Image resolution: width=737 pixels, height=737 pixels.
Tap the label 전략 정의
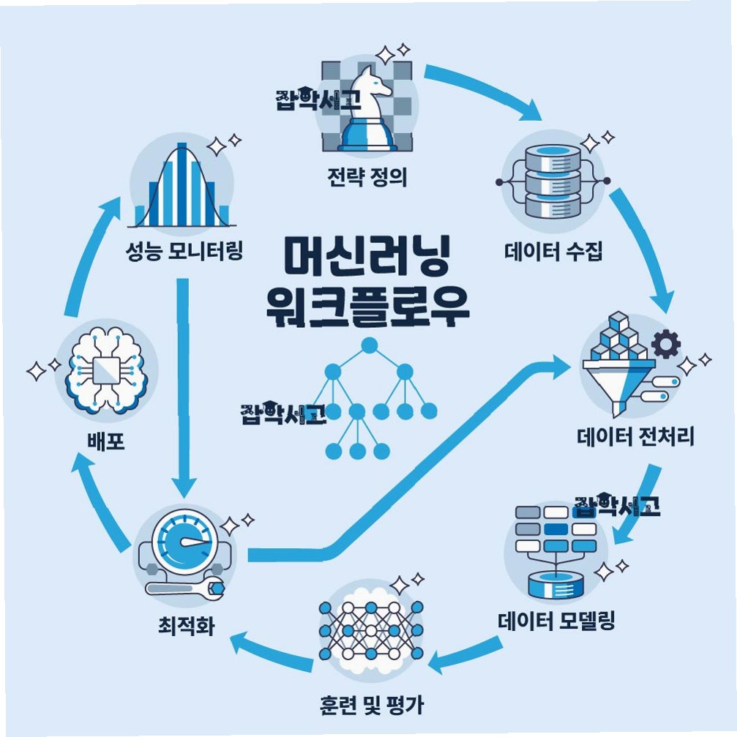coord(367,178)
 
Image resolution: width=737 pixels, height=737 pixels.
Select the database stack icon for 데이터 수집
coord(553,179)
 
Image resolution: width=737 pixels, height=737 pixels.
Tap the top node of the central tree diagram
coord(369,345)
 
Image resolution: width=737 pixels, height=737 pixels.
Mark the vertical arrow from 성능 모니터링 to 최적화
coord(183,381)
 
